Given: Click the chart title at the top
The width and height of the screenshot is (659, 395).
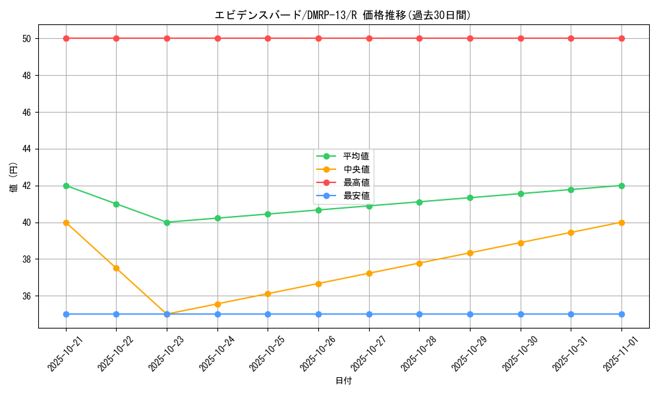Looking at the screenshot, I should click(343, 15).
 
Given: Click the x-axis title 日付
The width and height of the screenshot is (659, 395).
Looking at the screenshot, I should click(343, 381).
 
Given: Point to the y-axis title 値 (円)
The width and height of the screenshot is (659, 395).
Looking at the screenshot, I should click(13, 177).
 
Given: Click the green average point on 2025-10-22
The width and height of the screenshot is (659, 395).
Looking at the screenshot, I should click(117, 204).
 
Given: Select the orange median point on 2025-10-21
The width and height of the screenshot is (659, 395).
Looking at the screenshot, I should click(66, 223).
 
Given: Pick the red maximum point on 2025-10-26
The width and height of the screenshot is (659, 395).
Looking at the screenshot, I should click(318, 38).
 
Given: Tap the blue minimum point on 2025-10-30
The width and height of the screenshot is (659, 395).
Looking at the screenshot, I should click(521, 314).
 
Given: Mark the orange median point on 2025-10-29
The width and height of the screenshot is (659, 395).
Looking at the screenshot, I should click(470, 253).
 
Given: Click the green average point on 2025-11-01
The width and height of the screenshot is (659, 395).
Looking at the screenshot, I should click(621, 186).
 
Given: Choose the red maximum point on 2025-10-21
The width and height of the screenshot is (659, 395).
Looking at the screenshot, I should click(66, 38).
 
